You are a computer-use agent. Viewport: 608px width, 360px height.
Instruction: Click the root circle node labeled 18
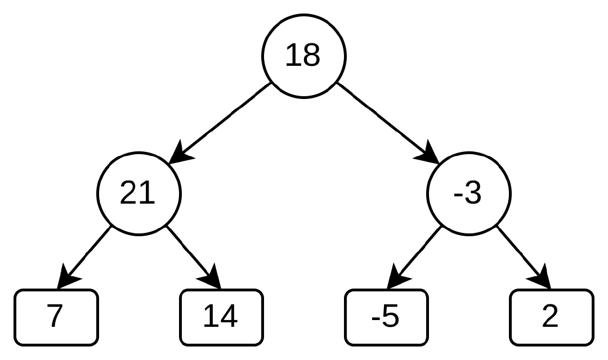coord(303,56)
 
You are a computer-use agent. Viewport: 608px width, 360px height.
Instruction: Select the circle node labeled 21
coord(139,193)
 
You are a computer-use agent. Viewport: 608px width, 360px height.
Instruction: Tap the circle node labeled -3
coord(469,193)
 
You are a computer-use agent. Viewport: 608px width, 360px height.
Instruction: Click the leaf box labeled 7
coord(56,317)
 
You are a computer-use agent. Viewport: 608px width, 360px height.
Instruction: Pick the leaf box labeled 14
coord(221,317)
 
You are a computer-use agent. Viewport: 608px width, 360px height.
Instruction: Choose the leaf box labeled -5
coord(386,317)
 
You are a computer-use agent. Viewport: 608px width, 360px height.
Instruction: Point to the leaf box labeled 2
coord(551,317)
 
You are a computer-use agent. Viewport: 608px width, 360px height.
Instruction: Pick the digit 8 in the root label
coord(312,56)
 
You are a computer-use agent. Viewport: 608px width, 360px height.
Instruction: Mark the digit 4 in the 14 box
coord(229,317)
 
